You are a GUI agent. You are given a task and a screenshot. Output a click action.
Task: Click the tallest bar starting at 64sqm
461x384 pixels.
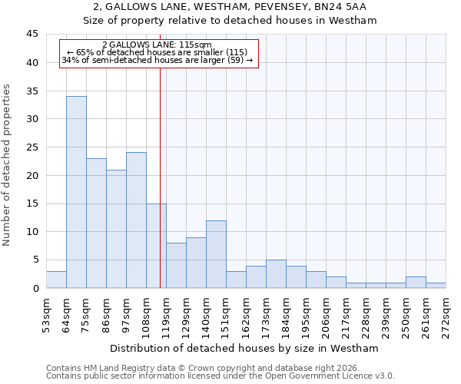[x=76, y=192]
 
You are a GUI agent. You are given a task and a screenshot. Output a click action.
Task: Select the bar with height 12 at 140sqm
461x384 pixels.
[x=216, y=254]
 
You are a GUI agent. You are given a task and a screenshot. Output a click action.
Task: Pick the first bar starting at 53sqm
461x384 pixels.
[x=56, y=280]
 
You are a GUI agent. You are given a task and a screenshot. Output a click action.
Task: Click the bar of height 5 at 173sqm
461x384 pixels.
[x=276, y=274]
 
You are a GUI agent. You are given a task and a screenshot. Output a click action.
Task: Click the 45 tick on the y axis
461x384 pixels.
[x=32, y=35]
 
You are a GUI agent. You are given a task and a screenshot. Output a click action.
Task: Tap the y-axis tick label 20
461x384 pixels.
[x=32, y=175]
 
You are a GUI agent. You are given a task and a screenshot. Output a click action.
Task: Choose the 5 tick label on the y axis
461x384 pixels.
[x=35, y=260]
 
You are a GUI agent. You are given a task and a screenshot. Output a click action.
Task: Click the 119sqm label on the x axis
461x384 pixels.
[x=166, y=315]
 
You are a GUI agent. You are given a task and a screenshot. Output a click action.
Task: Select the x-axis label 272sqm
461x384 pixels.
[x=446, y=315]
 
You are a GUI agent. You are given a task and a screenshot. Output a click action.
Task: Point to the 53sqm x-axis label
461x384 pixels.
[x=46, y=315]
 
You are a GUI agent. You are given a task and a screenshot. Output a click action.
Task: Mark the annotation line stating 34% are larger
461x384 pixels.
[x=158, y=60]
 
